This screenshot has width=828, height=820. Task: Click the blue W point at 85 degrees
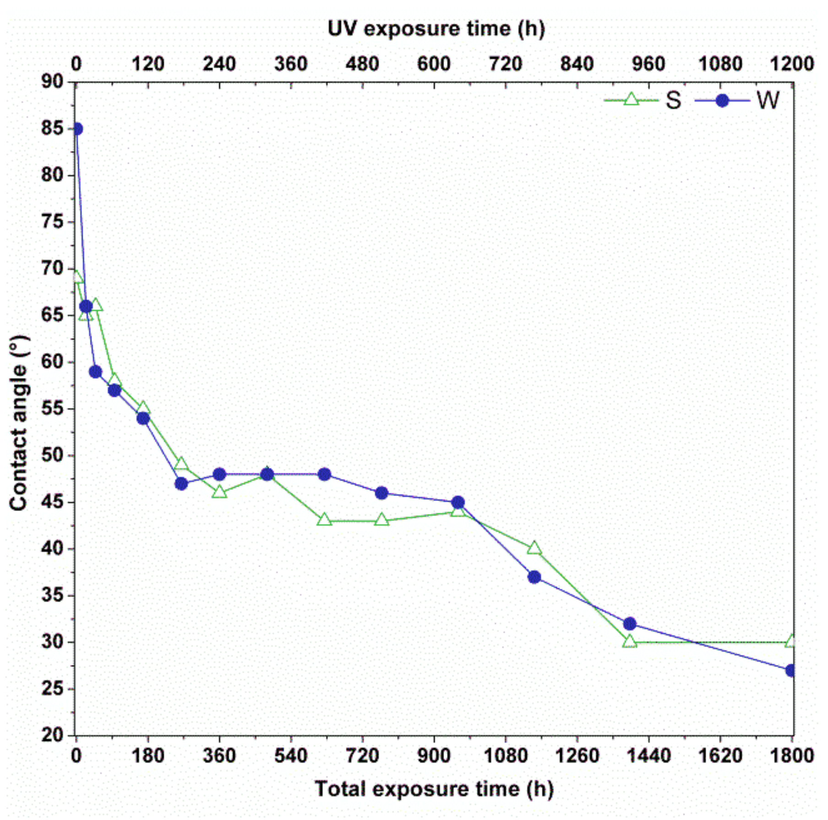tap(77, 129)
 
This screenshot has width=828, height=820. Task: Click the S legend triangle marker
tap(631, 99)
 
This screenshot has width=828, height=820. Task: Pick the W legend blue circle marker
tap(722, 100)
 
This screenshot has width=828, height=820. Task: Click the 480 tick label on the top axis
tap(362, 64)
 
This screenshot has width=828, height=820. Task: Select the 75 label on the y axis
tap(52, 221)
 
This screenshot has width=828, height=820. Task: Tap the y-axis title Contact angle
tap(19, 423)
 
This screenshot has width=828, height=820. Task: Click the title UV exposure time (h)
tap(436, 29)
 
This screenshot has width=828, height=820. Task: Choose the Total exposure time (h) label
tap(434, 789)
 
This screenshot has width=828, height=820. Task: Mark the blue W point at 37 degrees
tap(534, 577)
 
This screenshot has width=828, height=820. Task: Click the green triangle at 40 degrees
tap(534, 548)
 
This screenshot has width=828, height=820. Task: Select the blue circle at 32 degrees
tap(630, 624)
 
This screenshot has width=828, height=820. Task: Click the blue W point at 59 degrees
tap(95, 372)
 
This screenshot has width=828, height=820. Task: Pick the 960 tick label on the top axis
tap(648, 64)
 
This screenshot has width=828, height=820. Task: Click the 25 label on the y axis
tap(52, 688)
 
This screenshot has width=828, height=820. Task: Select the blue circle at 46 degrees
tap(381, 493)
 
